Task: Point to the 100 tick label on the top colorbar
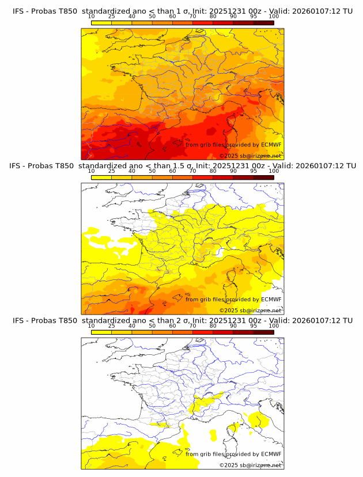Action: click(x=274, y=16)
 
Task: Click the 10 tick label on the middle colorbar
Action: click(x=92, y=171)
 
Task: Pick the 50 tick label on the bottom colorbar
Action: click(x=152, y=326)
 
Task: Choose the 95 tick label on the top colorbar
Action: click(x=254, y=16)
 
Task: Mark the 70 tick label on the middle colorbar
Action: click(x=192, y=171)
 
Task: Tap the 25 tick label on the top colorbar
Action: click(x=111, y=16)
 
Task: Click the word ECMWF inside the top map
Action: click(x=271, y=145)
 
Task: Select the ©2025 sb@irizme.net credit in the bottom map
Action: click(x=250, y=465)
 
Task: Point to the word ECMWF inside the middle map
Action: click(x=271, y=300)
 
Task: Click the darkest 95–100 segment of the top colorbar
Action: click(x=263, y=23)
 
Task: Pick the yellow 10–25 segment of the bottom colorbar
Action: click(x=101, y=332)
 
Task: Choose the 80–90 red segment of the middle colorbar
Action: click(x=222, y=177)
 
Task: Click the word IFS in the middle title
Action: click(x=19, y=165)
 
